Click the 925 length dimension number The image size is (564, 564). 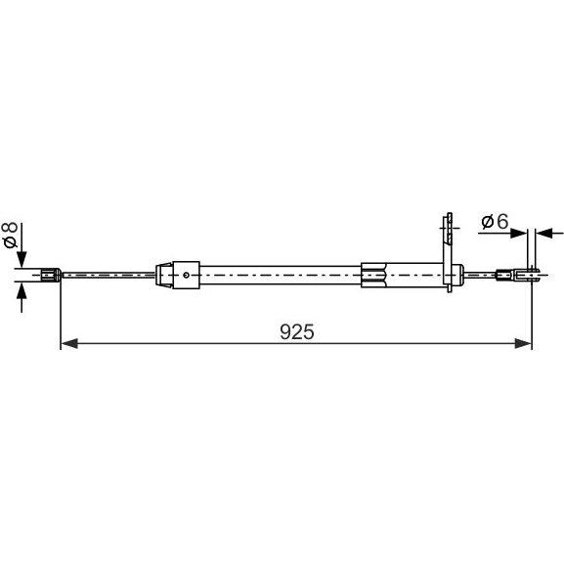point(297,331)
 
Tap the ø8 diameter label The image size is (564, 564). point(10,236)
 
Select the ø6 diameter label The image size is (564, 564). point(495,221)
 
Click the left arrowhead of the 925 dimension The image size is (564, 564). point(69,343)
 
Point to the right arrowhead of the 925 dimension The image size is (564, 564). point(523,343)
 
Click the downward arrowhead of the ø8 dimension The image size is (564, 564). point(22,259)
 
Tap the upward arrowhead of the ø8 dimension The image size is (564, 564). point(22,291)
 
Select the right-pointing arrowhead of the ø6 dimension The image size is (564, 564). point(519,233)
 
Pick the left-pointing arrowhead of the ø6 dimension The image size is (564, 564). point(543,233)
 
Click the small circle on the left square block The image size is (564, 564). point(186,276)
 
